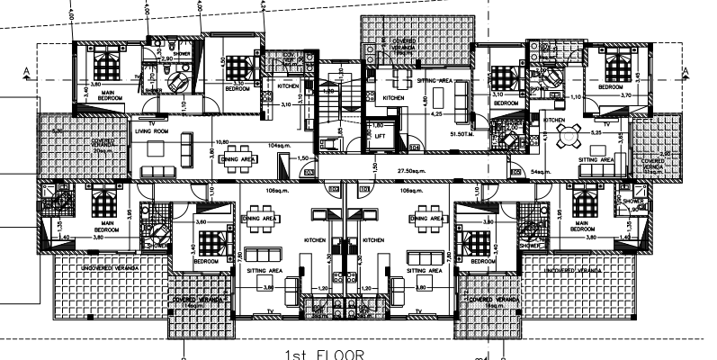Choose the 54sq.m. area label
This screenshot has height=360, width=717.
point(542,169)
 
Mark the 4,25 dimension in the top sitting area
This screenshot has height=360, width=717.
point(436,115)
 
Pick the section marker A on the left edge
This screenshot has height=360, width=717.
point(29,70)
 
